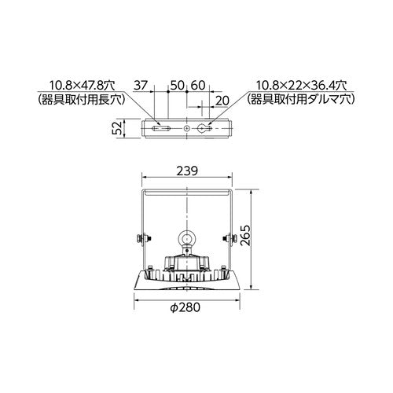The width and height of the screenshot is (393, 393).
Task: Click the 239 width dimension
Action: (x=187, y=171)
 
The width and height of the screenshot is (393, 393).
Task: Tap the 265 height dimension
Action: (x=245, y=235)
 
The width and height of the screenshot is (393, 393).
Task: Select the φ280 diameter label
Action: (x=185, y=307)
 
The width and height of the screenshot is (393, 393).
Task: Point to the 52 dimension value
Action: (x=119, y=128)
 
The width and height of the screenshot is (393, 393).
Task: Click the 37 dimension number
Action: (x=141, y=86)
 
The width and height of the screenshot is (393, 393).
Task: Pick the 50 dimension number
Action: (x=178, y=86)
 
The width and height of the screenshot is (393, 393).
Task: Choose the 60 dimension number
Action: (x=197, y=86)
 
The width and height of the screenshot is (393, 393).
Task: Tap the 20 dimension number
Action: (x=222, y=101)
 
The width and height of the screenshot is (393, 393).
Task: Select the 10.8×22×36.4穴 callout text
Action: (x=301, y=86)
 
